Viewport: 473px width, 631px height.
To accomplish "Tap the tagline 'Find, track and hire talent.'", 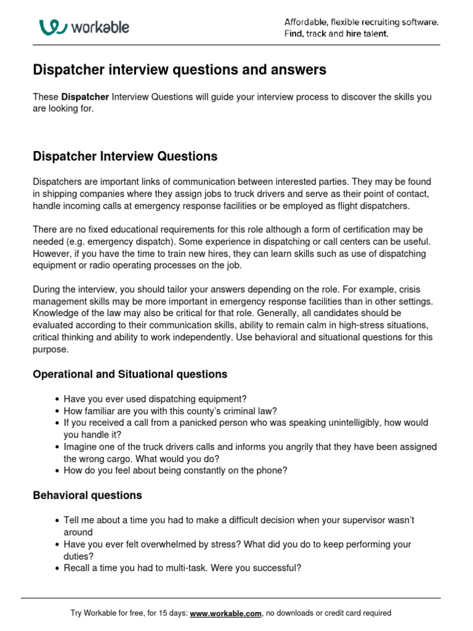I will (x=336, y=34).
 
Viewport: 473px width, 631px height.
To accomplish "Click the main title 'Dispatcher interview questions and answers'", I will (x=179, y=70).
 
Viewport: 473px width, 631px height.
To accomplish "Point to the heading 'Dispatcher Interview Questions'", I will (x=125, y=157).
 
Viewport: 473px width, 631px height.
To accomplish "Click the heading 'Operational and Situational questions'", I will (x=130, y=374).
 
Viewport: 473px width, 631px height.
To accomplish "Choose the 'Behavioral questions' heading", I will (x=87, y=495).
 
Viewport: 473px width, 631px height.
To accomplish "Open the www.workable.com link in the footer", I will (x=226, y=613).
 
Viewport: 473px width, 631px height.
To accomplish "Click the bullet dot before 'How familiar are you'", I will (x=57, y=412).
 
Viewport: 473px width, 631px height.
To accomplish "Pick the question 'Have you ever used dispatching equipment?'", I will (x=155, y=399).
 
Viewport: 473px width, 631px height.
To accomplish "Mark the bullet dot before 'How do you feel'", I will (x=57, y=471).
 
